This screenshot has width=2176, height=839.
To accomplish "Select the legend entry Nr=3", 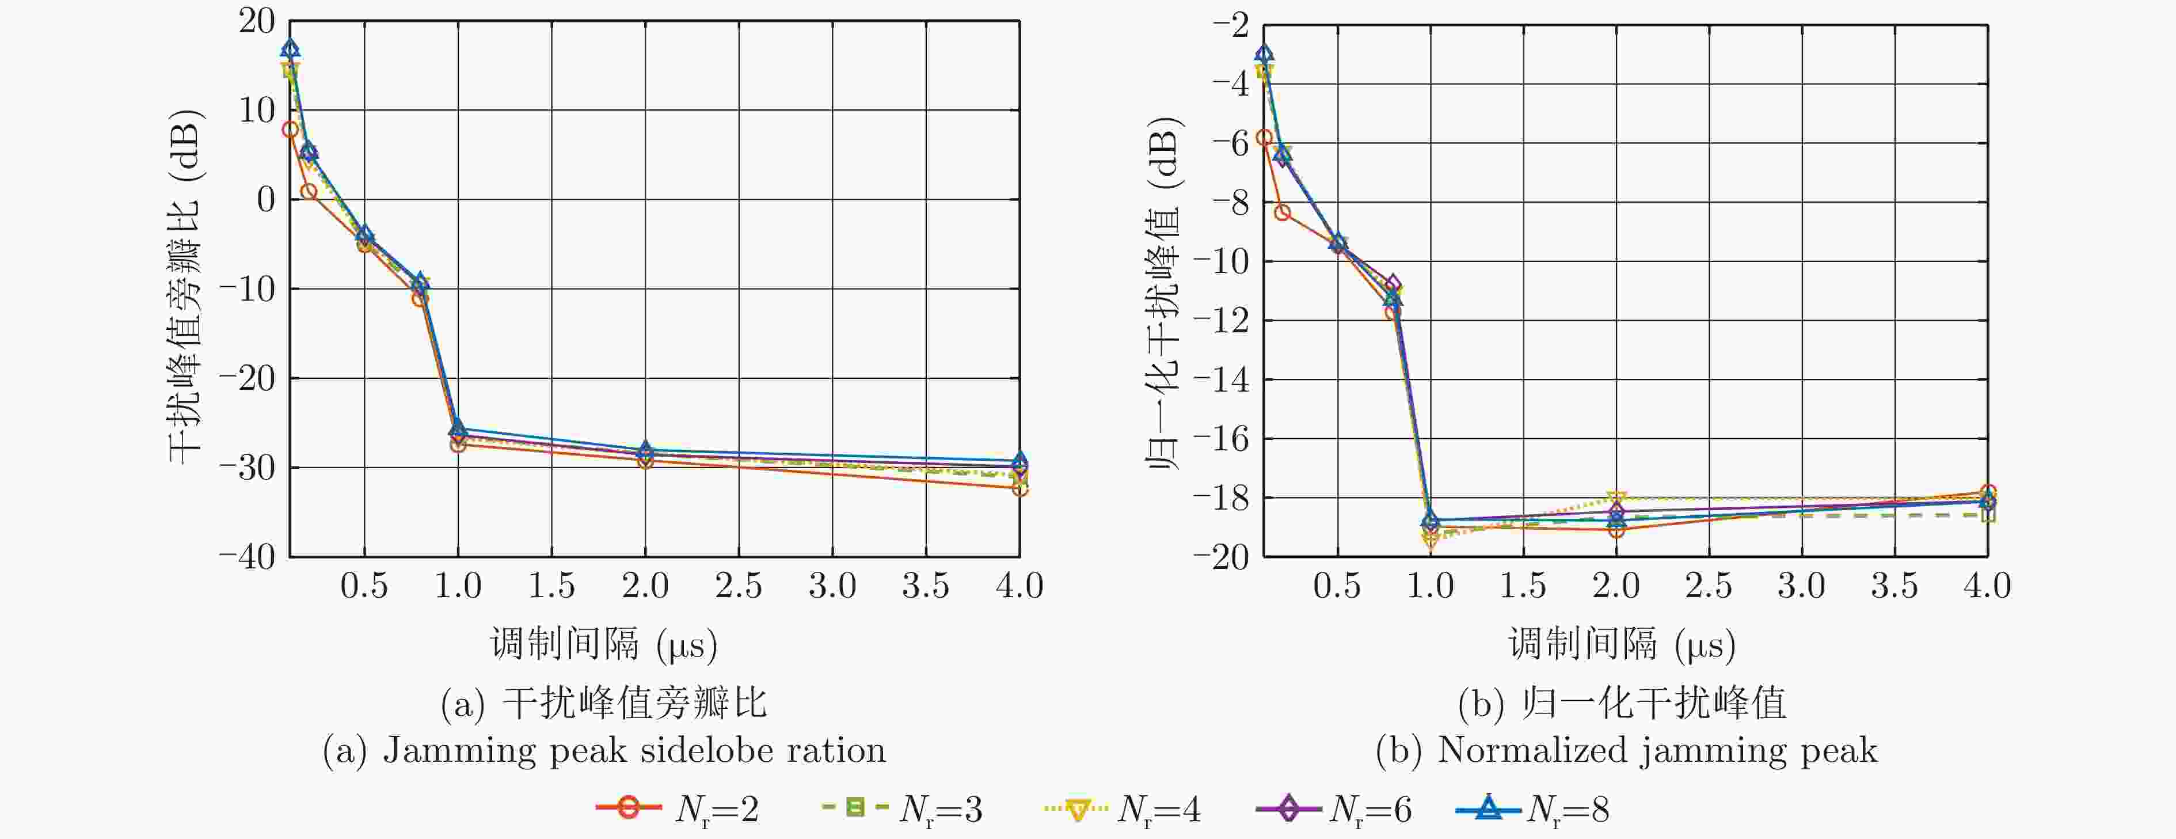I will [x=902, y=810].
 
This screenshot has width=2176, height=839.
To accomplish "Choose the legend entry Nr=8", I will [x=1532, y=810].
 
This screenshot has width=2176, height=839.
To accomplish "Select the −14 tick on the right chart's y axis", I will [x=1222, y=380].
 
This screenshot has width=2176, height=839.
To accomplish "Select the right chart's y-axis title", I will [x=1166, y=291].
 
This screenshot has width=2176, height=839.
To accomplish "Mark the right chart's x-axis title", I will [x=1622, y=645].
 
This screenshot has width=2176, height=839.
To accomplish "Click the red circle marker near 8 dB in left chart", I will [x=290, y=129].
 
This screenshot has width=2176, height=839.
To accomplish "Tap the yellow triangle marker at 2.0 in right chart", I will [x=1616, y=499].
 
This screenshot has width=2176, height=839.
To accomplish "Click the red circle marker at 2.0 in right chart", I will [x=1616, y=530].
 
